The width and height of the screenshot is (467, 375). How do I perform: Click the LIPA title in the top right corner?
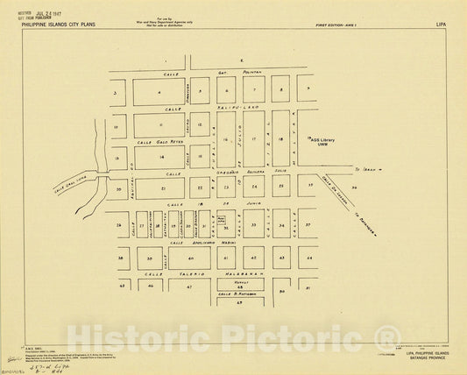coord(441,26)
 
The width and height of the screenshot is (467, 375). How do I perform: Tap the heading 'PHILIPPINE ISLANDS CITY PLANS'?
coord(64,27)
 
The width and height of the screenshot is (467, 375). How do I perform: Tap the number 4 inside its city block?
coord(159,91)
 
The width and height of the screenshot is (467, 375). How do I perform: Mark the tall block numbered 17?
coord(253,138)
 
